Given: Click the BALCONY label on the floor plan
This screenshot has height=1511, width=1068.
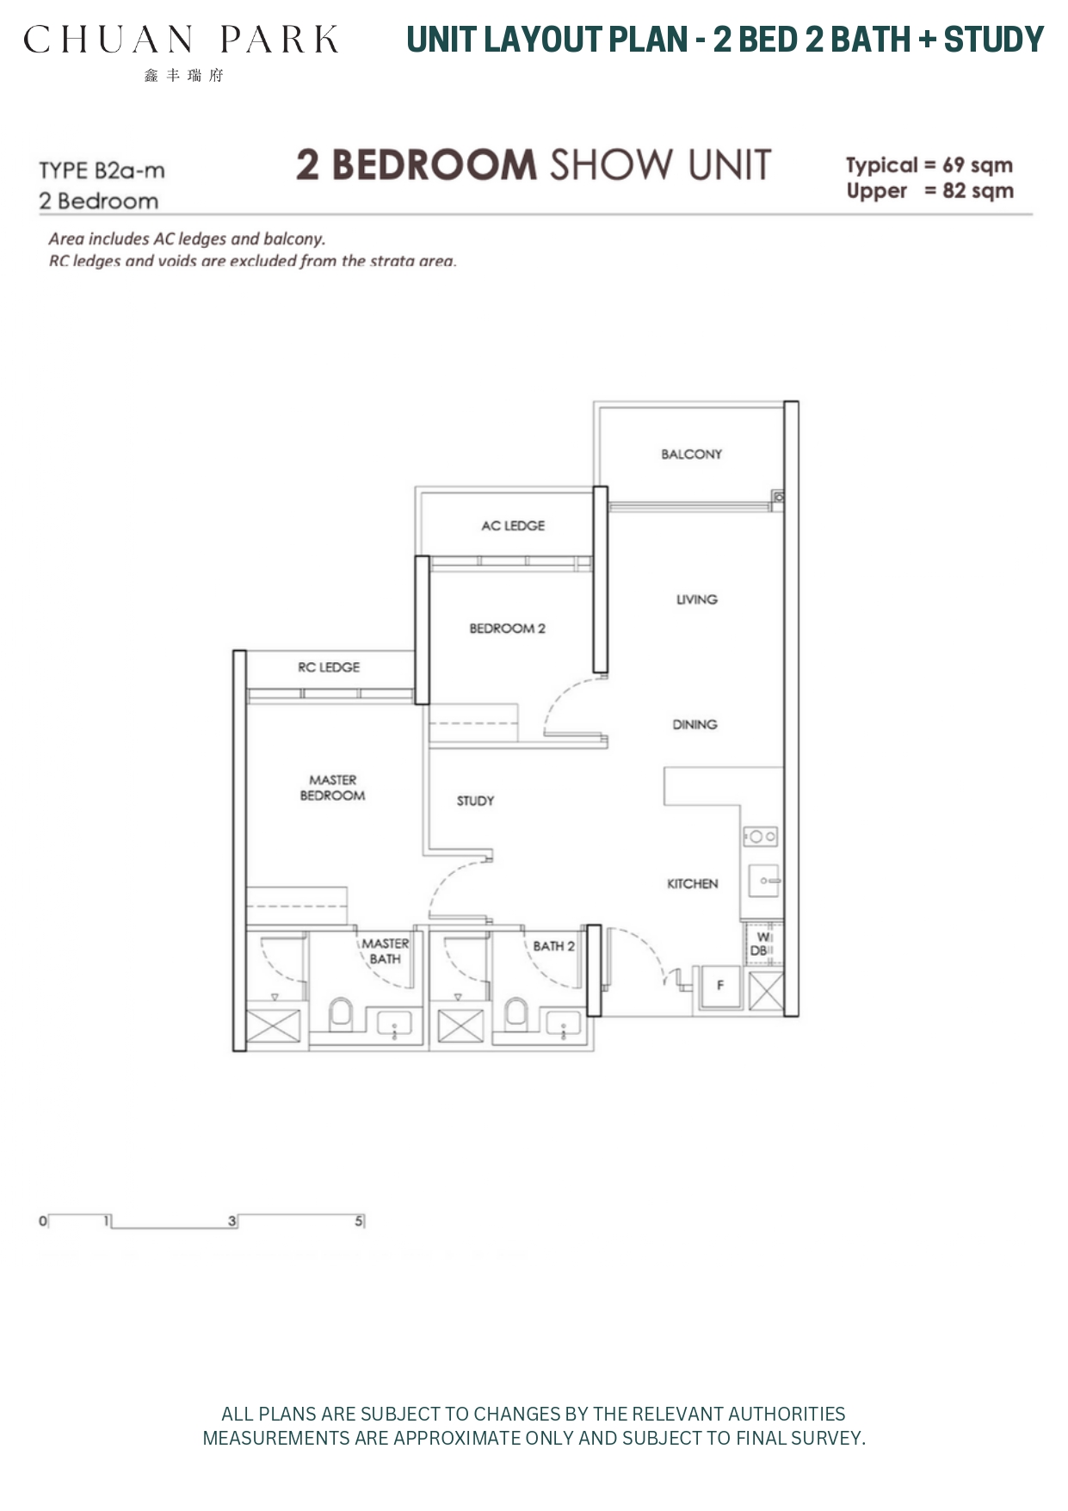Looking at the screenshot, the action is coord(691,454).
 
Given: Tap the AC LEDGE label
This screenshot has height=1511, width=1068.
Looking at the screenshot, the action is coord(513,525).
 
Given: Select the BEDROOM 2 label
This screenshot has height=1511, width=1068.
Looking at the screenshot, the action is coord(507,629).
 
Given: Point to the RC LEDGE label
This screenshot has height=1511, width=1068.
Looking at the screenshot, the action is coord(329,667).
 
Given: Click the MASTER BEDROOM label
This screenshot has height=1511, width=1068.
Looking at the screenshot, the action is coord(332,788).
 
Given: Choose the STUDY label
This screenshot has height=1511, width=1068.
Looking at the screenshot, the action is coord(475,801).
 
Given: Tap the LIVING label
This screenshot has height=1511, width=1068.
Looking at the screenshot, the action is coord(696,599).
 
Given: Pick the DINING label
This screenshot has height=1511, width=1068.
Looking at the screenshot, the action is coord(695,724).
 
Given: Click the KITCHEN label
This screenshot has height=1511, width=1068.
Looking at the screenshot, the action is coord(692,883).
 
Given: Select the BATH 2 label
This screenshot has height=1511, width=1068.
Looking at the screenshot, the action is coord(553,946).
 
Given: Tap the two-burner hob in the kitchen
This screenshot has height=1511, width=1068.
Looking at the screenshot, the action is coord(760,836).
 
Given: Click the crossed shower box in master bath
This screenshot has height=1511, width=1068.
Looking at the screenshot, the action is coord(274,1027).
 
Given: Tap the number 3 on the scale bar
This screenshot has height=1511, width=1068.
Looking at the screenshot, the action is coord(232,1221).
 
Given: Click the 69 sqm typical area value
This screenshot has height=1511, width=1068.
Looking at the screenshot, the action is coord(977,165).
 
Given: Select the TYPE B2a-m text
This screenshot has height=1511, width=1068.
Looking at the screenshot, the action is coord(102,170).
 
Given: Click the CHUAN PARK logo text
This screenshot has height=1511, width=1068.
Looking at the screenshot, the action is coord(181,40).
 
